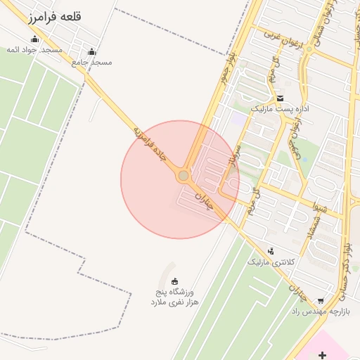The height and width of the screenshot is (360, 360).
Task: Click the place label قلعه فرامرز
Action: coord(52,17)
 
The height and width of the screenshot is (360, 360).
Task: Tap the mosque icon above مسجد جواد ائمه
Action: coord(35,39)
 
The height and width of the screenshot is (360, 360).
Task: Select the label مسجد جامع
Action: coord(92,62)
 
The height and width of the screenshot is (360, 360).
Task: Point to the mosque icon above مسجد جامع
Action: coord(92,51)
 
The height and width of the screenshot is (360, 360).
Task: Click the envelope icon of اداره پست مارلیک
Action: coord(281,98)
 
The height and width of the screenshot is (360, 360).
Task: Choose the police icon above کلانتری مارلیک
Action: coord(271,251)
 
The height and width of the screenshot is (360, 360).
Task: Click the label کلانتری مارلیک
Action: coord(266,262)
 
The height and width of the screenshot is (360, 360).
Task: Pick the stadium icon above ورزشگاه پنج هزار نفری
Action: coord(175,281)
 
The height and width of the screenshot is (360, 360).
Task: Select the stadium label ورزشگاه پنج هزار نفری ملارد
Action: coord(174,297)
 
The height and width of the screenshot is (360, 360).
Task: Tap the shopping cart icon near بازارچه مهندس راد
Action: coord(321,300)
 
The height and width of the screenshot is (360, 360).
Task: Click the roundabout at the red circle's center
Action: coord(184,175)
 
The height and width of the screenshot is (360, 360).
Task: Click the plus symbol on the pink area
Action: coord(322,355)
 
